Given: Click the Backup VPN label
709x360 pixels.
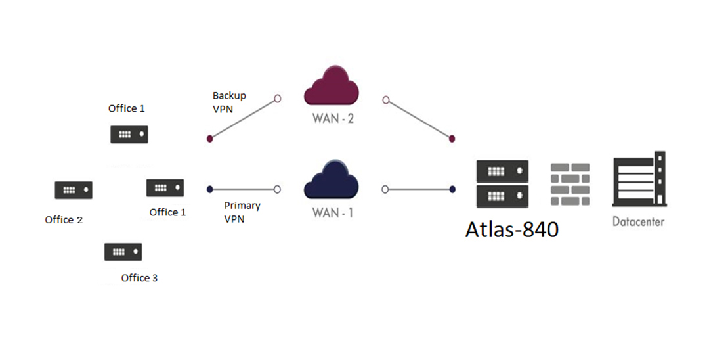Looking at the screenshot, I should tap(229, 102).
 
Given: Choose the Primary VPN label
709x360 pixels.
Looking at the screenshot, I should tap(242, 212).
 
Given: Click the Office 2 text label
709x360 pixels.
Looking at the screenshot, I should tap(64, 220).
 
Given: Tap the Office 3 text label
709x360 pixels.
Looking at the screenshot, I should tap(139, 278).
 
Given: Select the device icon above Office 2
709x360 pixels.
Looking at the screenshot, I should tap(73, 190).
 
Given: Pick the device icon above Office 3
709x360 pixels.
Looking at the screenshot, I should tap(123, 252).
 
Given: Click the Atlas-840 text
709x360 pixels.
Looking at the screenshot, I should tap(512, 229).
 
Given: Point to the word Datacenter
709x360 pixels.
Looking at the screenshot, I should tap(638, 221).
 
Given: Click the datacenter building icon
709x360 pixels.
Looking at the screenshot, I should tap(638, 179).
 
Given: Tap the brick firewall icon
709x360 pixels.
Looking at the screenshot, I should tap(570, 183).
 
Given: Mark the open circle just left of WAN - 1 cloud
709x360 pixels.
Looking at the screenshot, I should tap(277, 189).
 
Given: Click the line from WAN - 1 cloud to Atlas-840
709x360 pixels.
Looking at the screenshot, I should tap(419, 189).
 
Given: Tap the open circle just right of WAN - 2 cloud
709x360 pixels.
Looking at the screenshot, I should tap(386, 100).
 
